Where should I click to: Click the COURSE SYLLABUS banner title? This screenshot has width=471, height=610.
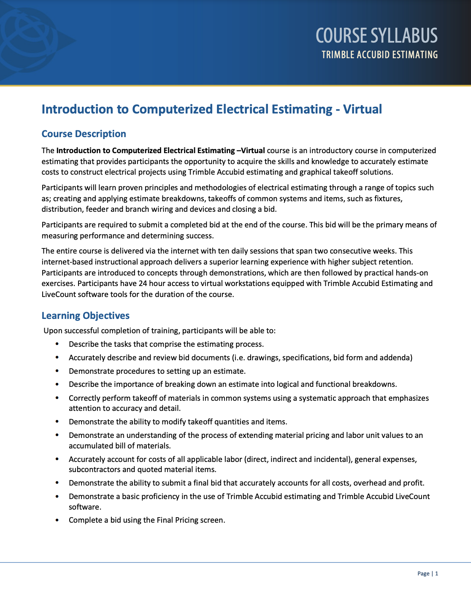(376, 35)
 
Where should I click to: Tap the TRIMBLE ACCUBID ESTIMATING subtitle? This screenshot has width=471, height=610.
(379, 55)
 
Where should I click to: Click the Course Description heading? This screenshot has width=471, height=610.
(84, 134)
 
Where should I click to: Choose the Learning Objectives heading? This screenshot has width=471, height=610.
(85, 316)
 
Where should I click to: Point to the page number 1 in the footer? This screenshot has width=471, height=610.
(437, 573)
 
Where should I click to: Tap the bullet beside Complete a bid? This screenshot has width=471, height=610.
(57, 520)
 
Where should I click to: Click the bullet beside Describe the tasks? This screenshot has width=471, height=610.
(57, 344)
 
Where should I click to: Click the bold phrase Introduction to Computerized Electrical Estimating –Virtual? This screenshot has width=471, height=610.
(160, 151)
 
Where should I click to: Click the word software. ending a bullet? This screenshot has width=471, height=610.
(85, 507)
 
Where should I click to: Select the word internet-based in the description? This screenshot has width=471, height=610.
(67, 262)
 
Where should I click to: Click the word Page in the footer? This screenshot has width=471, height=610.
(423, 573)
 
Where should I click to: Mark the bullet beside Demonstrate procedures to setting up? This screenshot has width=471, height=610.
(57, 371)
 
